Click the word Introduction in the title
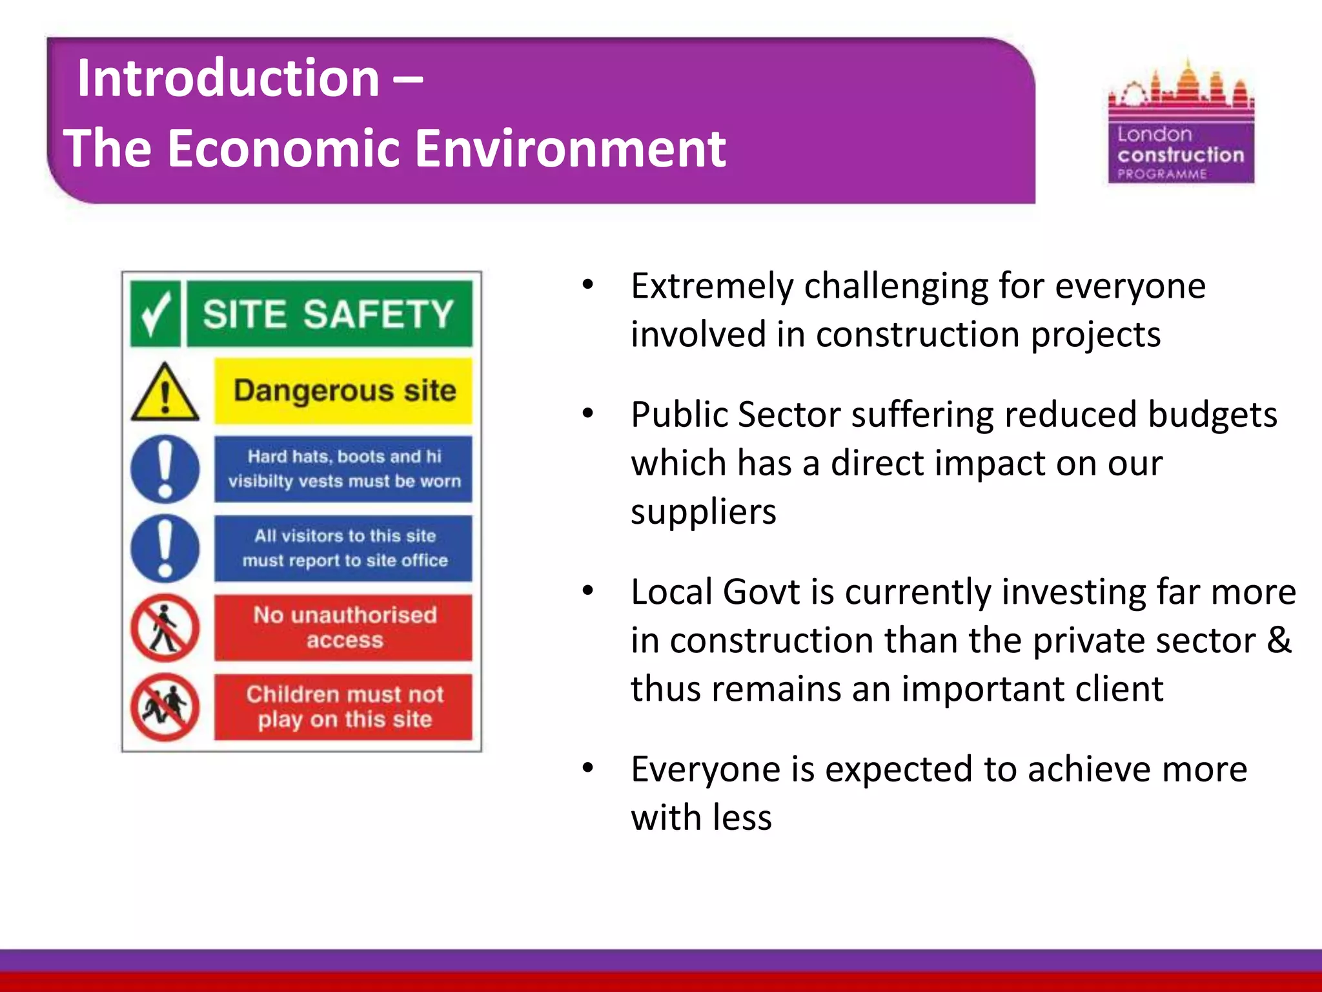229,78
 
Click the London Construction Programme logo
1181,123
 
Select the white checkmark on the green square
155,314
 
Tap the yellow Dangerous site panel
343,391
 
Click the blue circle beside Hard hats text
165,470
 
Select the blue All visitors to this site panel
343,548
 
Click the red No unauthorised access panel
343,627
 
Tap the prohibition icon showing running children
165,707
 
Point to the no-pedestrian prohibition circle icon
165,628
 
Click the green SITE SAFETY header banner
329,314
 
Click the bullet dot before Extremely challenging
587,285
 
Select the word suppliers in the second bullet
703,512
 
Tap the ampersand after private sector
1279,640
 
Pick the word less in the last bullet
742,818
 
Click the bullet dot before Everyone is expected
587,769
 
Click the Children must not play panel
343,707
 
